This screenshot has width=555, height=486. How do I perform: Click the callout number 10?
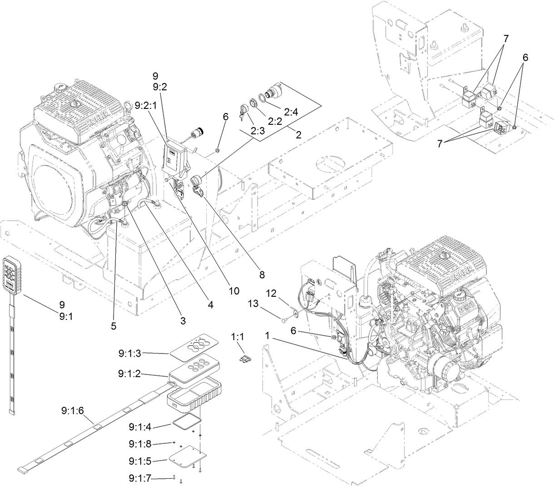click(233, 290)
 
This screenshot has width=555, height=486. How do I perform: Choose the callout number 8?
click(262, 275)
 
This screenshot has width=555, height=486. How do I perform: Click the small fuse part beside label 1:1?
click(245, 359)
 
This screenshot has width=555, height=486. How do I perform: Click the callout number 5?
click(114, 325)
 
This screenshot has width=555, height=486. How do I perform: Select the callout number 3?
click(183, 320)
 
